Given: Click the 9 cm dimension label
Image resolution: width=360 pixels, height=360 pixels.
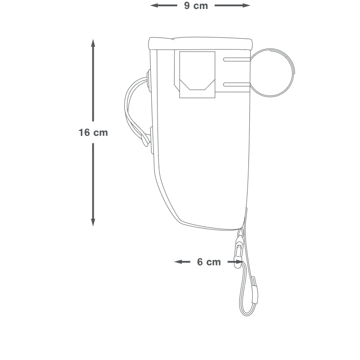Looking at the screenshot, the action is click(196, 6).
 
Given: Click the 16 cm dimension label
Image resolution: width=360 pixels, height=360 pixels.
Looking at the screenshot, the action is click(93, 132).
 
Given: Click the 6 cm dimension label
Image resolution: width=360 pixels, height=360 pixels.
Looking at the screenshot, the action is click(209, 262).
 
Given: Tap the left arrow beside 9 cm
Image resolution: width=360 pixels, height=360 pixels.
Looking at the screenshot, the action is click(164, 5).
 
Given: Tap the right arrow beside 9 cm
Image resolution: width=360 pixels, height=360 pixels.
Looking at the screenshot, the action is click(232, 5).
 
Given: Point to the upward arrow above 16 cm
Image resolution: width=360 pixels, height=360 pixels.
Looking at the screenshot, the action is click(93, 80).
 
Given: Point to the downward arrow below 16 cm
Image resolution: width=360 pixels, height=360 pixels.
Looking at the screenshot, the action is click(93, 185).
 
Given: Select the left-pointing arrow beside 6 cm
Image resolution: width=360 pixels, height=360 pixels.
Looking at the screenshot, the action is click(182, 262).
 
